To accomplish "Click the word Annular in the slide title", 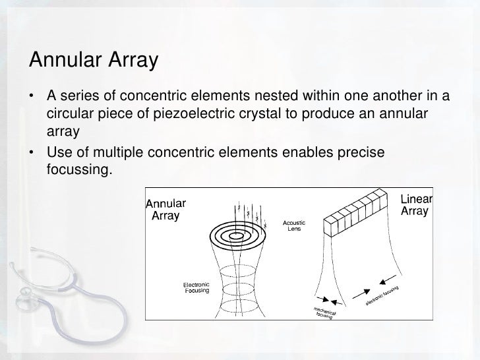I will click(x=64, y=61).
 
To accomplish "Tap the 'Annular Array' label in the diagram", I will click(x=165, y=209).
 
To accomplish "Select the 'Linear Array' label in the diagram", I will click(x=416, y=205).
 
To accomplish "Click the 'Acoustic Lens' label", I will click(x=293, y=225).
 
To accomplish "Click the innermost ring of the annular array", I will click(x=235, y=234).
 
